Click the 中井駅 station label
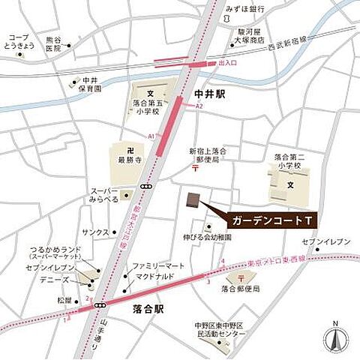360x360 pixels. tap(209, 94)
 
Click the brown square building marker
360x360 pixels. tap(193, 201)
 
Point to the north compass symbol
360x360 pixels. tap(335, 339)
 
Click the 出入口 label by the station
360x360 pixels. tap(227, 64)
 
